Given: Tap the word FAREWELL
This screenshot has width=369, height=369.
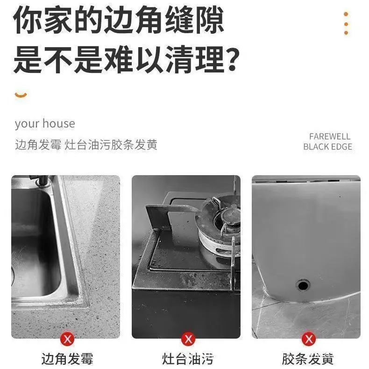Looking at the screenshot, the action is click(330, 136).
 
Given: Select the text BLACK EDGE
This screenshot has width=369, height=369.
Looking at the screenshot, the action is click(327, 147).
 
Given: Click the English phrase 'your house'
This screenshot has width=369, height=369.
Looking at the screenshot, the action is click(45, 124).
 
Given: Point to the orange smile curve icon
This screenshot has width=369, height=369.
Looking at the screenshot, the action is click(21, 95).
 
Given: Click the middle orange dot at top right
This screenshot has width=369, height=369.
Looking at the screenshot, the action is click(346, 24).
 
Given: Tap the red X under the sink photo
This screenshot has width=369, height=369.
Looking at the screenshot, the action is click(68, 339).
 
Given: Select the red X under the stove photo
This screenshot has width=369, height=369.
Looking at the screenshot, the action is click(188, 339).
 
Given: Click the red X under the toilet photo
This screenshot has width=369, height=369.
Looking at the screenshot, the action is click(309, 339).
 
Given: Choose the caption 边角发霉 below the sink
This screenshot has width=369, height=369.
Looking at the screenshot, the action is click(67, 359).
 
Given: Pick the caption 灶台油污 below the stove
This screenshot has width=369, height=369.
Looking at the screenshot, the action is click(188, 359).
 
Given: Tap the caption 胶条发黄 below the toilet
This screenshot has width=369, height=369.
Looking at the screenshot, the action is click(308, 359).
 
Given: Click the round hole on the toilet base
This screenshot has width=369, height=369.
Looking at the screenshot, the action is click(303, 285).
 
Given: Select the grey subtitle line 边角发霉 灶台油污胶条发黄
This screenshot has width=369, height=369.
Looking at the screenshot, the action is click(86, 144).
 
